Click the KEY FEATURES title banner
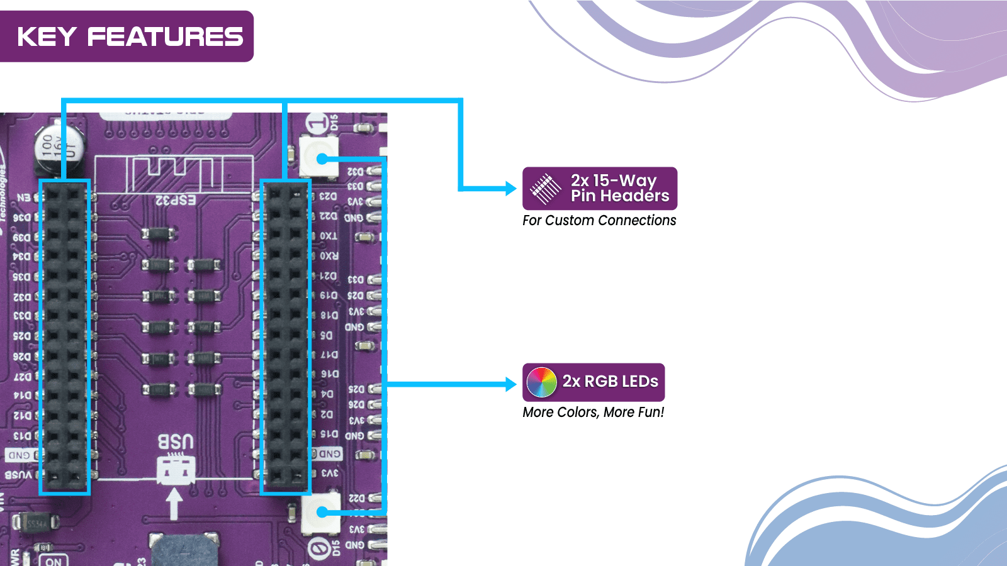tap(129, 36)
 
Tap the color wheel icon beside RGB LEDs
tap(541, 382)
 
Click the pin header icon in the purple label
tap(545, 189)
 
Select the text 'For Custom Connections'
tap(599, 221)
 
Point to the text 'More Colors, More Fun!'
tap(593, 413)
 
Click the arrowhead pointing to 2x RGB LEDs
tap(511, 384)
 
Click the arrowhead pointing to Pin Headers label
tap(511, 188)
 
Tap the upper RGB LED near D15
tap(320, 157)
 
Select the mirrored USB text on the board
tap(175, 442)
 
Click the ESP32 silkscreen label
tap(176, 201)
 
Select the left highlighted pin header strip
tap(65, 336)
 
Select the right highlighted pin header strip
tap(286, 336)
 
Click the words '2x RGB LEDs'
tap(610, 382)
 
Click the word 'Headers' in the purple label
tap(634, 196)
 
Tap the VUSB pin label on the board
tap(18, 475)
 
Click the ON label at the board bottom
tap(53, 561)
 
